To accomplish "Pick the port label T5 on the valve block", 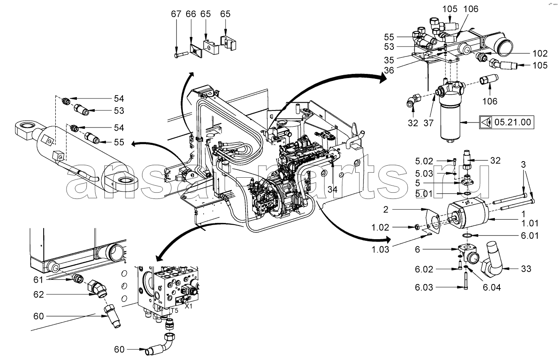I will tap(174, 310).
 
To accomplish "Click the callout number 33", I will tap(526, 269).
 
